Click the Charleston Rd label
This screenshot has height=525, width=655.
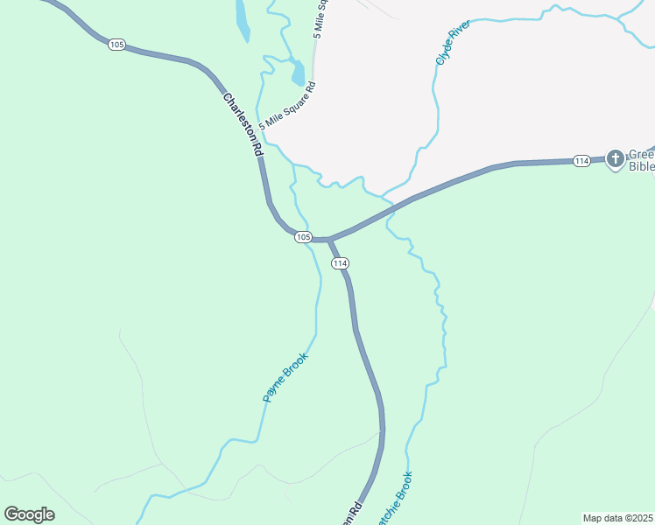coord(243,124)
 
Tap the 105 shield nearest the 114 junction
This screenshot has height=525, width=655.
coord(303,237)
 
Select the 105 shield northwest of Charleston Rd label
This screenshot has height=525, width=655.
coord(116,44)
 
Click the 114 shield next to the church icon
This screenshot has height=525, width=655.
coord(581,160)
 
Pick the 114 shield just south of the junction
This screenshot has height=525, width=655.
coord(341,263)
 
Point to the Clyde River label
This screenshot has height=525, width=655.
coord(453,42)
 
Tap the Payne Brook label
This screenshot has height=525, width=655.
coord(286,376)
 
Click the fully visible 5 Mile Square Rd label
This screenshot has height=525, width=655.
coord(286,107)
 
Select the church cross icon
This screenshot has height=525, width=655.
coord(616,158)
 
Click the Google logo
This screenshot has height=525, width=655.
coord(29,514)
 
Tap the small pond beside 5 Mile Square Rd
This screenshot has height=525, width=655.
coord(298,73)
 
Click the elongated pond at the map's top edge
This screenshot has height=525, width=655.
coord(242,19)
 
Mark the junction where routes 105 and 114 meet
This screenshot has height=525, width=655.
coord(329,239)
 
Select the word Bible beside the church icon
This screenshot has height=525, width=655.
coord(642,166)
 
